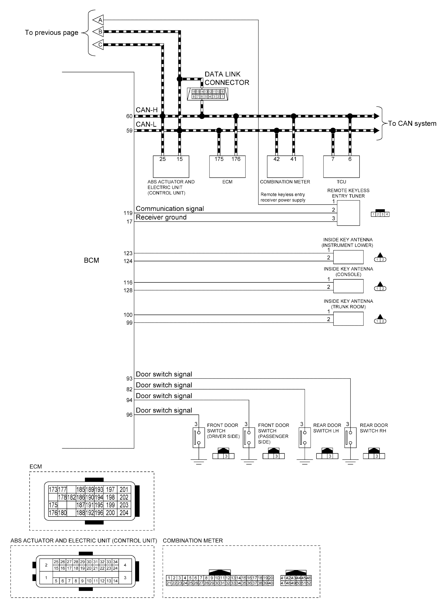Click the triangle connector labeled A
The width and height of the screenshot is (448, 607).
click(x=99, y=20)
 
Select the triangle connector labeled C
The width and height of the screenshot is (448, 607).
click(x=99, y=44)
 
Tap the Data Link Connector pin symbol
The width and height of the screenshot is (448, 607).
click(x=207, y=94)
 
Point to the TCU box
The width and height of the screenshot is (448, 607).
click(x=341, y=166)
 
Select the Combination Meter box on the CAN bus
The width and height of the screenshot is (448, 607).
click(x=285, y=166)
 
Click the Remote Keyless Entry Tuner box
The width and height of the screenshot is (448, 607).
click(x=348, y=213)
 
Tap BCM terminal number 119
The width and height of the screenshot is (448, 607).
click(x=128, y=213)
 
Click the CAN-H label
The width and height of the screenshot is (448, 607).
click(x=146, y=110)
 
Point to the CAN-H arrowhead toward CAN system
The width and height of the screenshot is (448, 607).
click(x=376, y=116)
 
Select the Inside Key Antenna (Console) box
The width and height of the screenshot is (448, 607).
click(x=348, y=286)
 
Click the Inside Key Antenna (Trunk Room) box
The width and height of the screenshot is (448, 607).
click(x=348, y=319)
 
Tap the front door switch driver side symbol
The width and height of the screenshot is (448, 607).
click(x=199, y=437)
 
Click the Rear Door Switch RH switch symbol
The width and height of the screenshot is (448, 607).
click(x=350, y=437)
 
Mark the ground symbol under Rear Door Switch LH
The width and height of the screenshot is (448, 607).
click(x=305, y=461)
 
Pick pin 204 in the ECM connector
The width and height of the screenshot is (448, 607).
click(x=124, y=513)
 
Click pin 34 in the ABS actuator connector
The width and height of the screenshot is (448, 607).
click(x=115, y=562)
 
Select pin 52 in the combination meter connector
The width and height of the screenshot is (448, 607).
click(x=309, y=583)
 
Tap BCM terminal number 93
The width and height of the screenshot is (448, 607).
click(x=129, y=378)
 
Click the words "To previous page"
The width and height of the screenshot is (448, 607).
click(x=52, y=33)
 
